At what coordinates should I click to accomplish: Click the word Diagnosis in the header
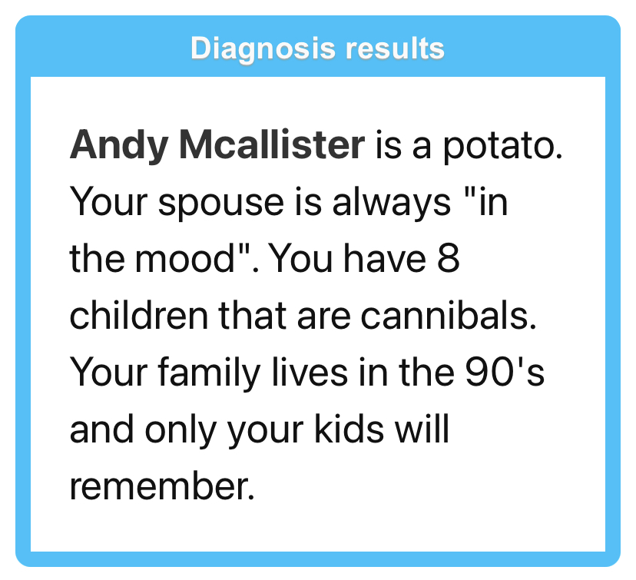coord(263,49)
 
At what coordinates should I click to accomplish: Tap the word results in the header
coord(395,48)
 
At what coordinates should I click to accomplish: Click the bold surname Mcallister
coord(272,144)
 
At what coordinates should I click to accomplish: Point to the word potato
coord(502,147)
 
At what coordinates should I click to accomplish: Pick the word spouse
coord(221,204)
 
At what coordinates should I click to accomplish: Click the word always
coord(392,202)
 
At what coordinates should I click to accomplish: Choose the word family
coord(209,373)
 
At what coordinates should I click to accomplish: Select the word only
coord(180,429)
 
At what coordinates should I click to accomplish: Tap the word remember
coord(162,486)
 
